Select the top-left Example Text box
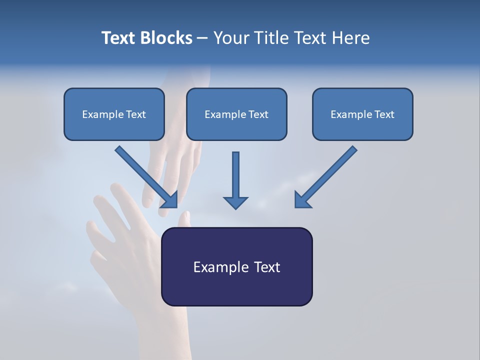(114, 114)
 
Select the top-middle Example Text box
(236, 114)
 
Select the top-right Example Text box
(362, 114)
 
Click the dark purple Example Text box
(236, 266)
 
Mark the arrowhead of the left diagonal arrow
(170, 200)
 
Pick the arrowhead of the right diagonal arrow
(302, 200)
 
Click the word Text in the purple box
(267, 267)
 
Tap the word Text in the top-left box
(136, 114)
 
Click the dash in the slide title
(202, 38)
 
